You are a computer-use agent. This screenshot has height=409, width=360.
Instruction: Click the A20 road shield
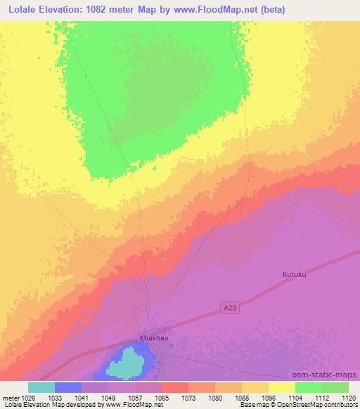pyautogui.click(x=226, y=307)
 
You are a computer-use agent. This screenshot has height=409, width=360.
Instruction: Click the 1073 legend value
pyautogui.click(x=188, y=397)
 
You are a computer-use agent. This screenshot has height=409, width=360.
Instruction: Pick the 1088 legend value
pyautogui.click(x=242, y=397)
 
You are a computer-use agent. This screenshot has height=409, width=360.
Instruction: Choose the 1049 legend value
pyautogui.click(x=108, y=397)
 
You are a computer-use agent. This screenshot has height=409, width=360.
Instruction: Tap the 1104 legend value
pyautogui.click(x=295, y=397)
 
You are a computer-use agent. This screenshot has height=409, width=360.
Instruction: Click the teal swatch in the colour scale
pyautogui.click(x=41, y=387)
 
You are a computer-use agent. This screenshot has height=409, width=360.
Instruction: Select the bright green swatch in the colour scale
pyautogui.click(x=308, y=387)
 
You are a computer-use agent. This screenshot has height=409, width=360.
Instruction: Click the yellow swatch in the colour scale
pyautogui.click(x=281, y=387)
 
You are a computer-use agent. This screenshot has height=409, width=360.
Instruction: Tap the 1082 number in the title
pyautogui.click(x=87, y=11)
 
